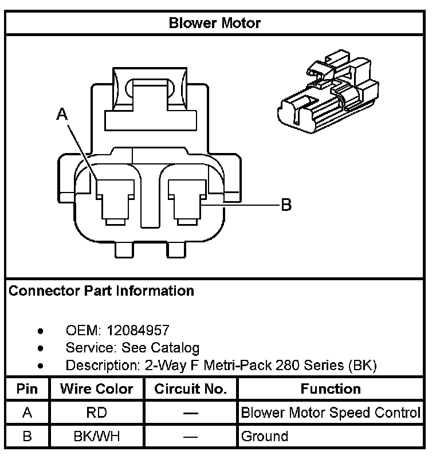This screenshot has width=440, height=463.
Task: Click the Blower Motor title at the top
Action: coord(215,23)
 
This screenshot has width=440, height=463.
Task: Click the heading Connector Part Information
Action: coord(101,291)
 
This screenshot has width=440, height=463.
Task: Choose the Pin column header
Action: coord(27,389)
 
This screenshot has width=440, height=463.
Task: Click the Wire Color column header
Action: coord(97,389)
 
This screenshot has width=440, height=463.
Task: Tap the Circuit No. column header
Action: coord(190,389)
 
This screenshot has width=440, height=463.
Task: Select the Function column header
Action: coord(331,389)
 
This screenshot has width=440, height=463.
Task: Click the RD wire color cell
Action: coord(97,413)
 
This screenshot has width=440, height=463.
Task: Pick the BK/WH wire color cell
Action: coord(97,437)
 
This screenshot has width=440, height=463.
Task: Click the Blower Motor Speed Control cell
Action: coord(331,413)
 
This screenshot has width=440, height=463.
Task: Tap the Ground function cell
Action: coord(265,437)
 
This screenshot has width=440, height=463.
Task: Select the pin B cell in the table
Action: coord(27,437)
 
